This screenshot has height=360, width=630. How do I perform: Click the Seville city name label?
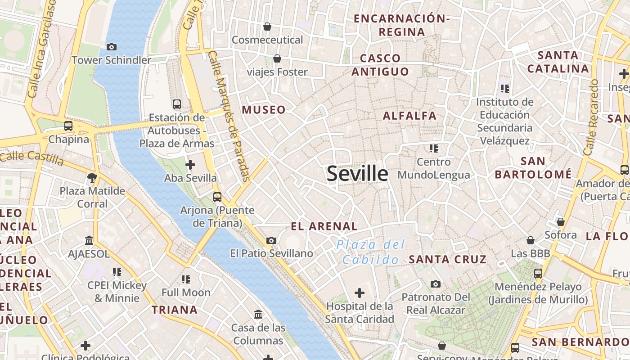(x=357, y=174)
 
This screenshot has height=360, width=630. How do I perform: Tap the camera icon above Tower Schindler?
(x=112, y=47)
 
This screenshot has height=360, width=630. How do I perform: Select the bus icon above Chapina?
(x=68, y=126)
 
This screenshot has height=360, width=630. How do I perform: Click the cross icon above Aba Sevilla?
(x=190, y=165)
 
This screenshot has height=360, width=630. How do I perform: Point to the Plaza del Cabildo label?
(x=371, y=252)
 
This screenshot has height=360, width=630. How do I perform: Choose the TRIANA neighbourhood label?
(x=175, y=310)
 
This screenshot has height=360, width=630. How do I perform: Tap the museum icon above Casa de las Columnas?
(x=258, y=314)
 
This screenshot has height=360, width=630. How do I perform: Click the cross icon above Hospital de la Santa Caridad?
(x=360, y=293)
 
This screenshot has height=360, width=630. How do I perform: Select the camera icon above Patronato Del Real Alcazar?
(x=435, y=284)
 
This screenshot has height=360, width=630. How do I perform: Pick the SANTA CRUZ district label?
(x=448, y=259)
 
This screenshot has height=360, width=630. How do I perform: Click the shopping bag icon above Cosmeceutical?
(x=267, y=27)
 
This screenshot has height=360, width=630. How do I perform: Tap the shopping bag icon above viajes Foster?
(x=277, y=58)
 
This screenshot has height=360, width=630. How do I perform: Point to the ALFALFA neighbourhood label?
(x=409, y=116)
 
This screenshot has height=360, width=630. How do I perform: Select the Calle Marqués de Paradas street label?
(x=229, y=116)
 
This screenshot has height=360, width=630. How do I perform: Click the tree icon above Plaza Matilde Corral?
(x=92, y=177)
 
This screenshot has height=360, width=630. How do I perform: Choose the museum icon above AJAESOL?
(x=89, y=240)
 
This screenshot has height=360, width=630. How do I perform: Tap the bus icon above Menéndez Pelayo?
(x=538, y=273)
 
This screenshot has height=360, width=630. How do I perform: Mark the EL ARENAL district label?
(x=324, y=226)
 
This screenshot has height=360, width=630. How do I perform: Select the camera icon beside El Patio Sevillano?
(x=271, y=241)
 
